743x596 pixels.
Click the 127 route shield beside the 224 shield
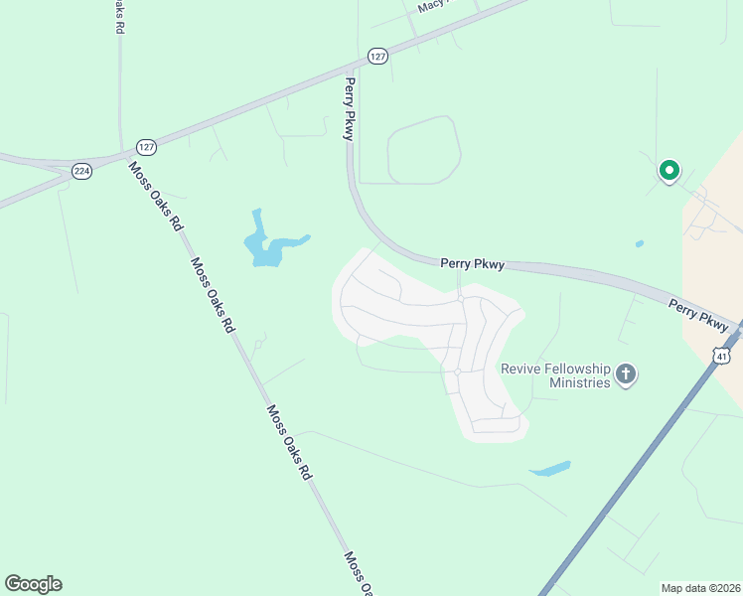click(146, 146)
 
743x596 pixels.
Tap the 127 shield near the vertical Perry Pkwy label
click(376, 57)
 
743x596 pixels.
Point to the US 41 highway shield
click(722, 355)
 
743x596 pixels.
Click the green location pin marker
click(669, 171)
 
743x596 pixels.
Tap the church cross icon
click(626, 374)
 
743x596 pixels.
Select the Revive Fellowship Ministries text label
click(554, 375)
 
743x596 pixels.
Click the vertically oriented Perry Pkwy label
click(349, 109)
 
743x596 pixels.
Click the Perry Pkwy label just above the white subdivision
click(473, 264)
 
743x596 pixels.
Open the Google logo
click(33, 584)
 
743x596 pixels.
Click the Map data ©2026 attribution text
click(700, 587)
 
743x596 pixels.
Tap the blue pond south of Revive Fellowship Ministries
click(549, 468)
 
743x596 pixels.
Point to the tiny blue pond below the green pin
click(639, 243)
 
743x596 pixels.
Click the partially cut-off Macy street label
click(434, 5)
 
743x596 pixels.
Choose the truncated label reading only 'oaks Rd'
click(118, 18)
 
